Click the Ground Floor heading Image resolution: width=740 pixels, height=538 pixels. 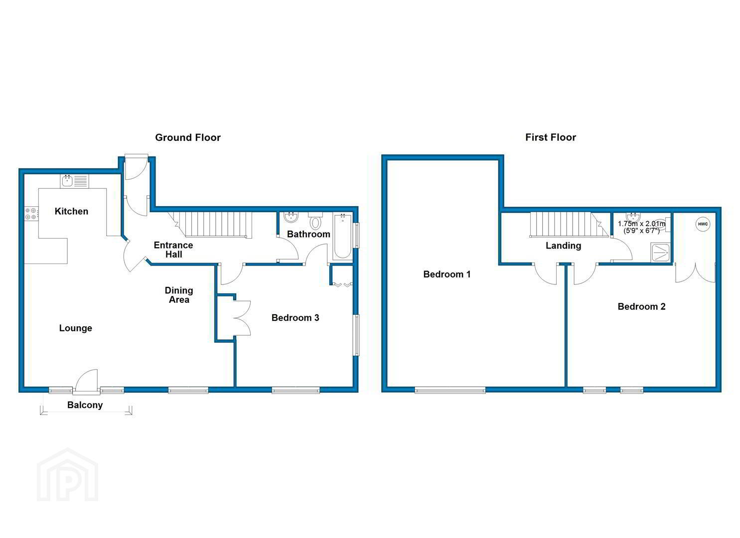188,137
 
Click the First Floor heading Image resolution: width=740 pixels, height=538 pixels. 550,137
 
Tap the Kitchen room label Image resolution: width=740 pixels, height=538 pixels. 71,211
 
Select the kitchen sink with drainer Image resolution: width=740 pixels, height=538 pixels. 74,181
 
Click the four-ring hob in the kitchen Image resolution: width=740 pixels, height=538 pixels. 31,213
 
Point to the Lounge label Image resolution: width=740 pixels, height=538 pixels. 76,328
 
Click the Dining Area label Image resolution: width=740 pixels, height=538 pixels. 179,295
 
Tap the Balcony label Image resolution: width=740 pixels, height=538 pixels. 85,405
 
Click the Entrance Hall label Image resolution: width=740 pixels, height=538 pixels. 173,250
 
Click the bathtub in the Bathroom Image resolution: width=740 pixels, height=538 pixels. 342,236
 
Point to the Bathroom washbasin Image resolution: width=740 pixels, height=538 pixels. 292,217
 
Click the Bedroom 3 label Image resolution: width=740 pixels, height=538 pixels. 295,318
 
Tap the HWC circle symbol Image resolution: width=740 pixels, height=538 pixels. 703,224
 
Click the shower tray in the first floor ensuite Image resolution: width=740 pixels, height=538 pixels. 660,253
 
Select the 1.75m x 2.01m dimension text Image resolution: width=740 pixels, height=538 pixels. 641,227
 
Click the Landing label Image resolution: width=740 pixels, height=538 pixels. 563,246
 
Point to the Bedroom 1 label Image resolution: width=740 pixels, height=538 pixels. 446,274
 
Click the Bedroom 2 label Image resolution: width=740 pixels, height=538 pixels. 641,306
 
